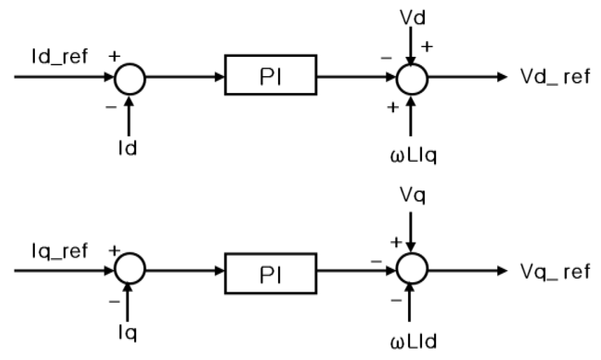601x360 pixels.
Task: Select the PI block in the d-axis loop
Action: [270, 75]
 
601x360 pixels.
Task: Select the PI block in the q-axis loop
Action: [270, 273]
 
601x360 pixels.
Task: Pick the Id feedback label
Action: [127, 148]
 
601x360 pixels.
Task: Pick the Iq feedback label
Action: [127, 333]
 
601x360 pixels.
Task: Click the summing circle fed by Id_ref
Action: [129, 79]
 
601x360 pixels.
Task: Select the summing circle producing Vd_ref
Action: [412, 79]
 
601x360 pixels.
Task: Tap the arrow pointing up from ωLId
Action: [410, 304]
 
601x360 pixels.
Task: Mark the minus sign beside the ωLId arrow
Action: [396, 300]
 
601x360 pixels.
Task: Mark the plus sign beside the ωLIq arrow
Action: [393, 107]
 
